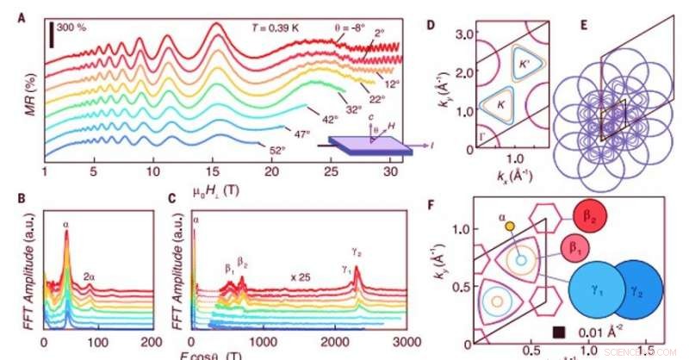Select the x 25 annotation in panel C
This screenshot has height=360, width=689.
point(301,277)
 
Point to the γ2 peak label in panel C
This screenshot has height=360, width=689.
point(357,251)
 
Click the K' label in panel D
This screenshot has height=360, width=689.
point(525,63)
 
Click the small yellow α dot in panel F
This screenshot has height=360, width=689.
point(510,226)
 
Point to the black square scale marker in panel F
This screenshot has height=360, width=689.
point(559,331)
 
